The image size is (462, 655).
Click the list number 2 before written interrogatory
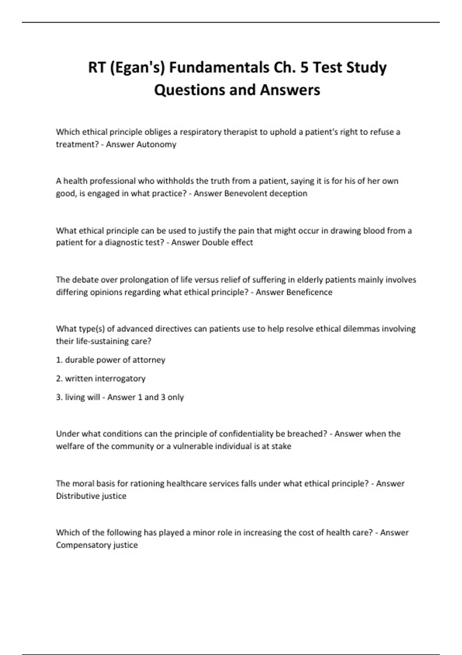(x=59, y=379)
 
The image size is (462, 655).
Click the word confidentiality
(x=246, y=434)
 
